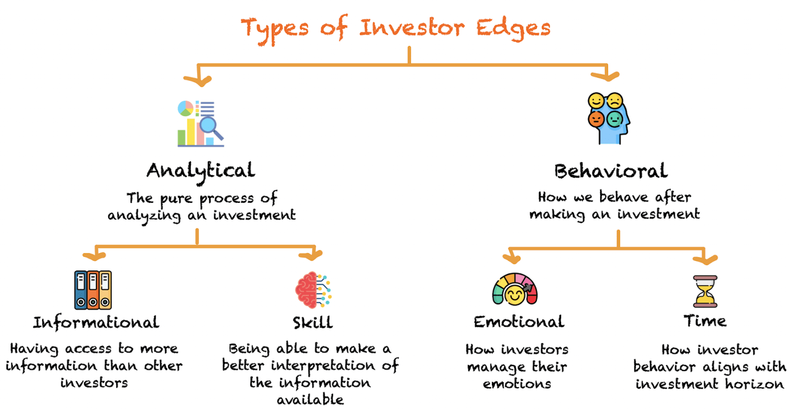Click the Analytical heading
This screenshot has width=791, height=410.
pos(200,169)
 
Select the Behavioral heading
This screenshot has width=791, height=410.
pos(611,170)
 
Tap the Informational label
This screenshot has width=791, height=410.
pos(96,322)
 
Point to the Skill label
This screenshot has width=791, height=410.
pos(313,322)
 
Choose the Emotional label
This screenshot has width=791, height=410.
pos(518,322)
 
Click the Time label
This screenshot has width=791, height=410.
pos(705,321)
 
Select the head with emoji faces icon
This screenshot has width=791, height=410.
pos(608,117)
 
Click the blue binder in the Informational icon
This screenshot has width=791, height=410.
pos(81,289)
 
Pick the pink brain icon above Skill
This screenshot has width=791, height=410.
pos(307,288)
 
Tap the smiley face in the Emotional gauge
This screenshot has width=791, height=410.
pos(515,296)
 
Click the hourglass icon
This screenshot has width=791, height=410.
pos(705,291)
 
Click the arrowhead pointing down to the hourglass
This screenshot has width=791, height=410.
pos(705,257)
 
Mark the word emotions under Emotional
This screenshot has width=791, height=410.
pos(517,384)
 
